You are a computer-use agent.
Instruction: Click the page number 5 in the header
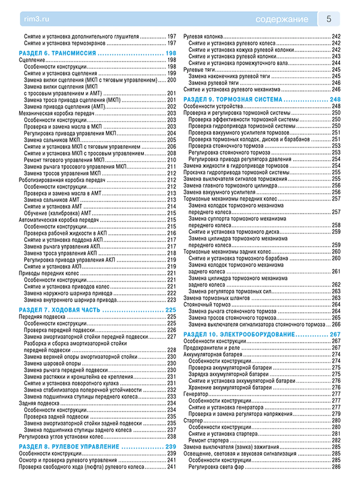[x=329, y=19]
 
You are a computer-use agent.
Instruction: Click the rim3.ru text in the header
[x=37, y=19]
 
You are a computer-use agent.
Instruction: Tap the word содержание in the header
[x=282, y=19]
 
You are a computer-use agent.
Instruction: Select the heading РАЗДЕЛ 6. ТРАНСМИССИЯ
[x=57, y=53]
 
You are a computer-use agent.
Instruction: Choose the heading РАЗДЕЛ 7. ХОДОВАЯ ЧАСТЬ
[x=60, y=310]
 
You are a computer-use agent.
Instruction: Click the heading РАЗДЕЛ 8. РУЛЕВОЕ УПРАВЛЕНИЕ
[x=69, y=447]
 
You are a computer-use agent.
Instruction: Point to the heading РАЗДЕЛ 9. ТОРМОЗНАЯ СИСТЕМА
[x=233, y=99]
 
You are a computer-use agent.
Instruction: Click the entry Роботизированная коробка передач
[x=62, y=180]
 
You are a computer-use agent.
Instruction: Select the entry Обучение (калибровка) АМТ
[x=57, y=213]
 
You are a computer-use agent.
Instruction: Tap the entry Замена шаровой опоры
[x=52, y=364]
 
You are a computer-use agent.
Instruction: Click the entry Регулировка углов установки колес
[x=61, y=437]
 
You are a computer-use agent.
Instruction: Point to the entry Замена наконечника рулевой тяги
[x=229, y=76]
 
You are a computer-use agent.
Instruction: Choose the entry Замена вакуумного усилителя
[x=219, y=192]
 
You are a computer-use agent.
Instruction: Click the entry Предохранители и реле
[x=212, y=348]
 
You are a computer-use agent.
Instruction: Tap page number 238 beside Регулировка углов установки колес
[x=171, y=437]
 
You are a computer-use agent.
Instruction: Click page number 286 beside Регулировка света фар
[x=336, y=467]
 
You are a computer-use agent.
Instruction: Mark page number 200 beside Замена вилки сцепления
[x=171, y=80]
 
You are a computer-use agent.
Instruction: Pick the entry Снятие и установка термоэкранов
[x=65, y=43]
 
